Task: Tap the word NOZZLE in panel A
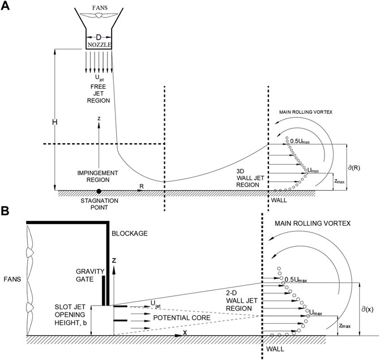101,44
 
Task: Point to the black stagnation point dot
99,191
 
